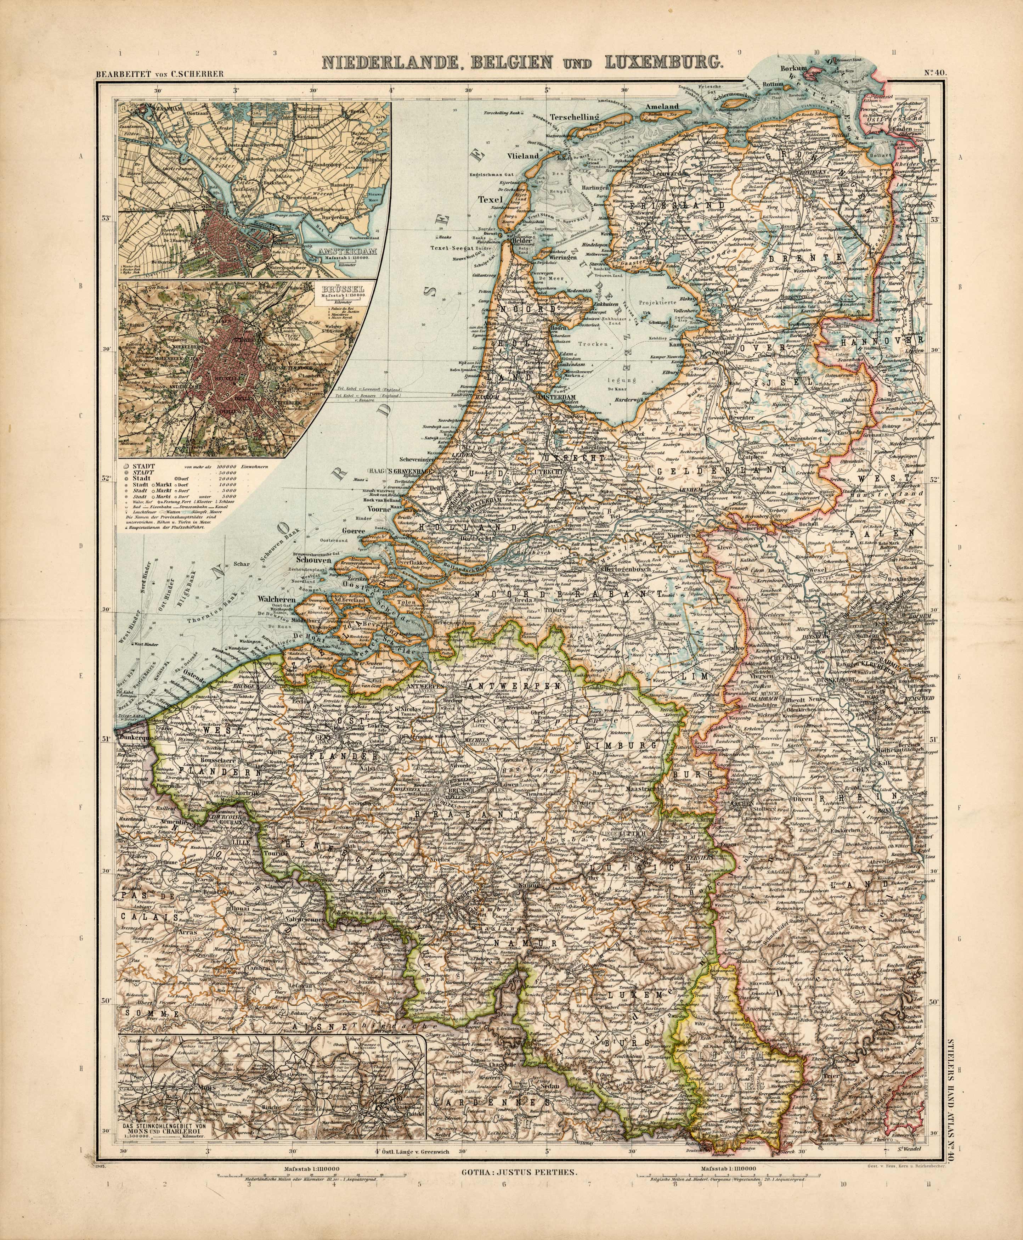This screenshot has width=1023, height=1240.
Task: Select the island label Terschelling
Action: coord(573,117)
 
